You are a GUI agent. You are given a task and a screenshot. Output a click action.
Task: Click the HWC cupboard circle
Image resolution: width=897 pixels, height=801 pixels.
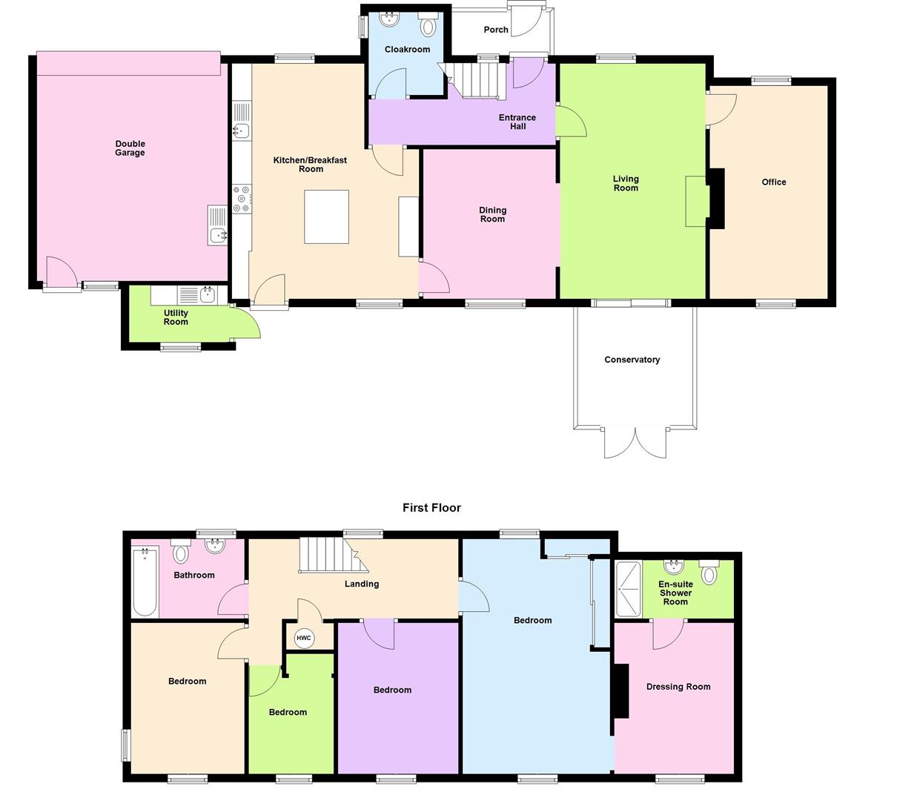coord(304,638)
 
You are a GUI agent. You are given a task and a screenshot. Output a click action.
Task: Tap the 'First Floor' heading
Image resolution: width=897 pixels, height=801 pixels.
coord(431,508)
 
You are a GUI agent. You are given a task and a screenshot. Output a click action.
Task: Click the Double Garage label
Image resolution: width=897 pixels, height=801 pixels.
coord(130,148)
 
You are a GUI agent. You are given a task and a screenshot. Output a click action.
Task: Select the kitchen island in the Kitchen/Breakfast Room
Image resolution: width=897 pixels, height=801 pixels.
coord(326,217)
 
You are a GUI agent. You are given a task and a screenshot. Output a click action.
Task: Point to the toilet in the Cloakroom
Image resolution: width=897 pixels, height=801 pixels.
coord(428,26)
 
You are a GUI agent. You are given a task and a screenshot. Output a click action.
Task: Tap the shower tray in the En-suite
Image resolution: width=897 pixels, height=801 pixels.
coord(627,589)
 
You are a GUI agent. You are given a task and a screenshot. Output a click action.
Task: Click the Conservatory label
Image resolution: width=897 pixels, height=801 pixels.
coord(632,360)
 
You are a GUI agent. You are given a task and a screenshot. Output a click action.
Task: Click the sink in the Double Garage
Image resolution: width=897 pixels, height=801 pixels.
coord(217,235)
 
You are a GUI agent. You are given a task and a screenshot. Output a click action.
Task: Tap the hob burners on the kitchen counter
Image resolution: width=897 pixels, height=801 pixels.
coord(242,199)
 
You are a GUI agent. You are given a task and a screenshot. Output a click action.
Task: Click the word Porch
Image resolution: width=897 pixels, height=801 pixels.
coord(496,30)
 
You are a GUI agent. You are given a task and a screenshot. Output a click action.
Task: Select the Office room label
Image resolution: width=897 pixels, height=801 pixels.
coord(773,182)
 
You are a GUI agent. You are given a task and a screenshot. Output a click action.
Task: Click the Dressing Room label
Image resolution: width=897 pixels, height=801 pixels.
coord(678,687)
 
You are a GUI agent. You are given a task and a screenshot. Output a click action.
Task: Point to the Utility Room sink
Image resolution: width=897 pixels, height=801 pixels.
coord(207,294)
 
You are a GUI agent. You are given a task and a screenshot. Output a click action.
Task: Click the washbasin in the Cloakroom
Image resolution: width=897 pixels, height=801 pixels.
coord(388,18)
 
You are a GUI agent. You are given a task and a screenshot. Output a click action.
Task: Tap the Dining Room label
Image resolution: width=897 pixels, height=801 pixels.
coord(492,214)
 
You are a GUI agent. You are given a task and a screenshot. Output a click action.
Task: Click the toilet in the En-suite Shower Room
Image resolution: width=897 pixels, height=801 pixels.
coord(709,573)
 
